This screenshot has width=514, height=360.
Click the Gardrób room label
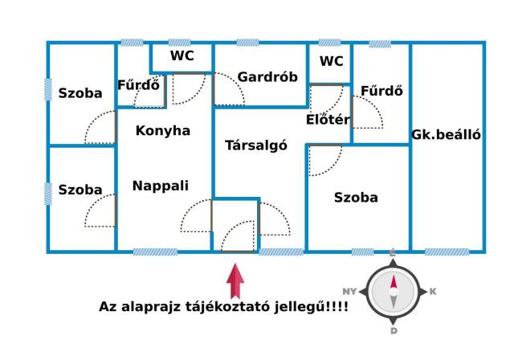click(267, 77)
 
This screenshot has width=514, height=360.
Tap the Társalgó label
click(256, 145)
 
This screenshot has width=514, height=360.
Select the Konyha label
click(163, 131)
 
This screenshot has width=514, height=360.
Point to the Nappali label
click(161, 186)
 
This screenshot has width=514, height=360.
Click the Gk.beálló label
click(447, 135)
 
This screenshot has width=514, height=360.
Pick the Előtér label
click(328, 120)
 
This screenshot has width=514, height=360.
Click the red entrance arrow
click(235, 281)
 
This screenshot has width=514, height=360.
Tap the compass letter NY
click(349, 292)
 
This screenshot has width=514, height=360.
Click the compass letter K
click(433, 292)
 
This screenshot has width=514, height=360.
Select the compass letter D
click(394, 331)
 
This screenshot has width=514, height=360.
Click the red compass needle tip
click(394, 275)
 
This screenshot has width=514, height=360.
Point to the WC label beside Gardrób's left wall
click(182, 55)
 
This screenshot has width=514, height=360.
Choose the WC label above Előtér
click(332, 61)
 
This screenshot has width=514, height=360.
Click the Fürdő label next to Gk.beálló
click(381, 91)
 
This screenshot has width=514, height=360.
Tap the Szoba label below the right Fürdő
click(356, 198)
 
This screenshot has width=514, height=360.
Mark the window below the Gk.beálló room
click(447, 252)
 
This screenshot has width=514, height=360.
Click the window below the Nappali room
click(155, 252)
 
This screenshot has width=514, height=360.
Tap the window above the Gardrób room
click(248, 43)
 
